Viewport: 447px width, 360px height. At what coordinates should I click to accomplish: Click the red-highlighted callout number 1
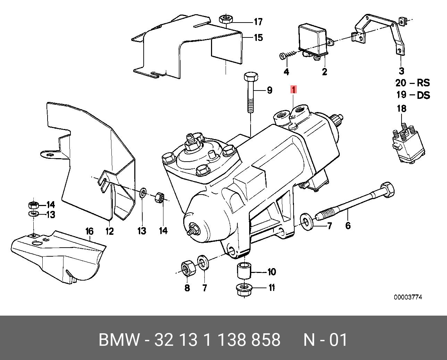coord(294,90)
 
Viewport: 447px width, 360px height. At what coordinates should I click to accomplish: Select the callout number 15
coord(258,37)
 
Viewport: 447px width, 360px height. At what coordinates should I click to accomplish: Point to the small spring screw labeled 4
coord(284,55)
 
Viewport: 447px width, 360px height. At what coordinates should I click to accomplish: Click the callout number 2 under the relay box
coord(324,72)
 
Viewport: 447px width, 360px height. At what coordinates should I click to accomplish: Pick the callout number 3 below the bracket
coord(402,71)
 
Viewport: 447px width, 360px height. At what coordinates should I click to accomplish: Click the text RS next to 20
coord(423,83)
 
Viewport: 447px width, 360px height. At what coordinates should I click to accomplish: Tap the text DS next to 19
coord(423,95)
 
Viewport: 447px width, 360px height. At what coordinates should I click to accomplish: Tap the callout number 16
coord(90,231)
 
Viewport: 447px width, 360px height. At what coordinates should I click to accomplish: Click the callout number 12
coord(109,231)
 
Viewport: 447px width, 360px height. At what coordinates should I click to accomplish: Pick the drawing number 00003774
coord(408,297)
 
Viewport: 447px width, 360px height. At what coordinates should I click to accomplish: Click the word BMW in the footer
coord(119,340)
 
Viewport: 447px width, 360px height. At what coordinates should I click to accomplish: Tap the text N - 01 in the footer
coord(325,340)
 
